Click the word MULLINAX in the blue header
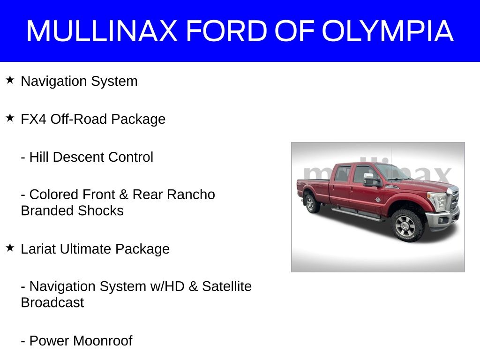(x=102, y=30)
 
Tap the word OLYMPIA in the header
(x=388, y=30)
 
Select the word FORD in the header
(x=227, y=30)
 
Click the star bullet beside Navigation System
(x=10, y=80)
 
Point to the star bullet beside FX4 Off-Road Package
(x=10, y=118)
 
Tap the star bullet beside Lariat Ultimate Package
(x=10, y=247)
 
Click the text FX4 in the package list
(x=33, y=119)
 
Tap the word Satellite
(x=227, y=286)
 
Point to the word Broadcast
(x=52, y=302)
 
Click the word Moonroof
(x=103, y=341)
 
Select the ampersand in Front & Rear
(x=123, y=195)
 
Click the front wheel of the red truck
(x=407, y=225)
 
